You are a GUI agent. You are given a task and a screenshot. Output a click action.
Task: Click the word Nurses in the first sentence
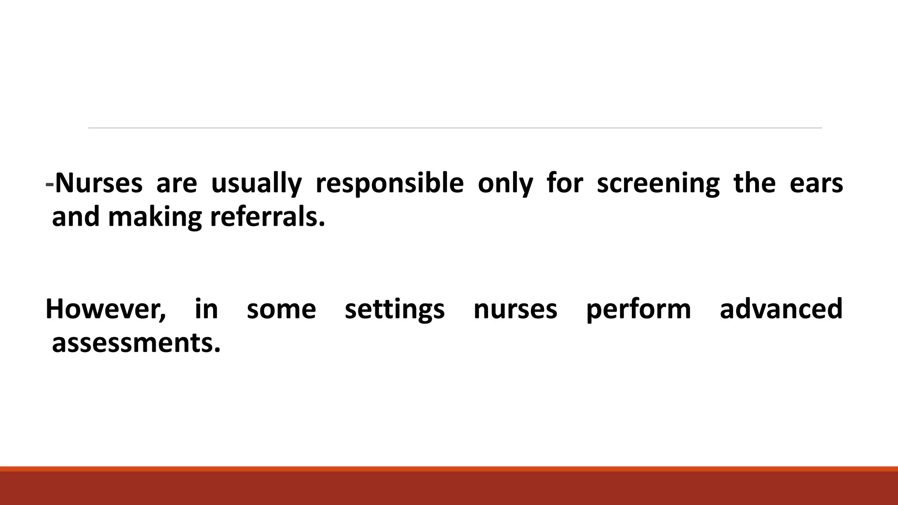point(99,183)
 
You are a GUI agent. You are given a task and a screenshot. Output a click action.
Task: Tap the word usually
point(257,184)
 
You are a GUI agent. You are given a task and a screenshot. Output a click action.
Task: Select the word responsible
point(389,184)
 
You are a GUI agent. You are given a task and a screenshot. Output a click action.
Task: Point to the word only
point(505,184)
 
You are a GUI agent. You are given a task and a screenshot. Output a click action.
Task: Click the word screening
point(658,184)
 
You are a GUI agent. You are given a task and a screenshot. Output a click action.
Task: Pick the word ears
point(816,184)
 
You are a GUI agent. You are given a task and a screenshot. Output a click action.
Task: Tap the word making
point(155,217)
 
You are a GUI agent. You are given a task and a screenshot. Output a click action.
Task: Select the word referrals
point(267,217)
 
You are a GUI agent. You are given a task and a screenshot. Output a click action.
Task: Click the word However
point(106,309)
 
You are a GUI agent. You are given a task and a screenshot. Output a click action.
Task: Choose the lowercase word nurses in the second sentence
point(515,309)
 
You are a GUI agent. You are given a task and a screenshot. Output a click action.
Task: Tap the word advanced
point(781,308)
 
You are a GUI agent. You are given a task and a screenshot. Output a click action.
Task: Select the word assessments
point(136,343)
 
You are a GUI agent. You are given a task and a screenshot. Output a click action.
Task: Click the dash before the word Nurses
point(50,184)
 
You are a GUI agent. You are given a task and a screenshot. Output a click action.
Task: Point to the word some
point(281,309)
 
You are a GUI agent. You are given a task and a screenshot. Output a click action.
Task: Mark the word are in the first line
point(177,184)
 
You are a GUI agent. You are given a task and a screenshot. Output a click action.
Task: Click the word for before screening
point(565,183)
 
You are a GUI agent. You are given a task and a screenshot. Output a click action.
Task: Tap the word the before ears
point(754,183)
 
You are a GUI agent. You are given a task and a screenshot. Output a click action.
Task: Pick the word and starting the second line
point(76,217)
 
